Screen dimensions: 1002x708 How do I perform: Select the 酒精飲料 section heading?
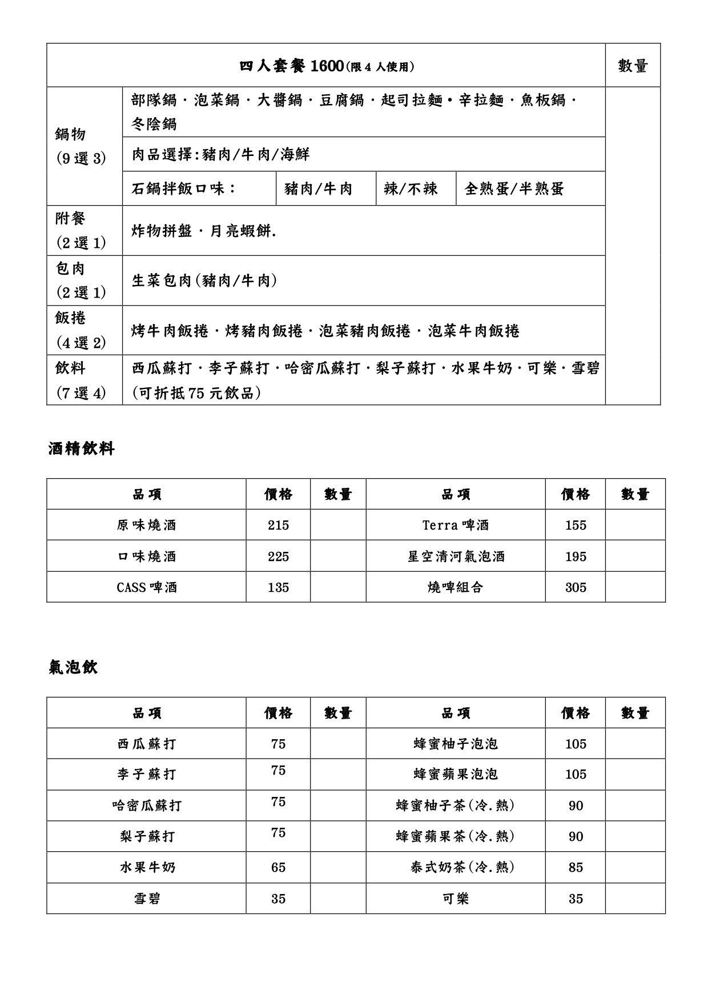(x=81, y=449)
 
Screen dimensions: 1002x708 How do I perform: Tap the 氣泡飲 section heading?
(x=73, y=667)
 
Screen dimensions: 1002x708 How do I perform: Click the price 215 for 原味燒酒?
(x=278, y=526)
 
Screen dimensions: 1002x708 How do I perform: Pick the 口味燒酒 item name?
(x=147, y=556)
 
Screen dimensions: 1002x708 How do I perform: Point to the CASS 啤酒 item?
(x=147, y=587)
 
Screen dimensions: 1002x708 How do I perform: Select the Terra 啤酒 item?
(x=456, y=526)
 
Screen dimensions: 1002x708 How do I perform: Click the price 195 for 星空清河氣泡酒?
(x=575, y=556)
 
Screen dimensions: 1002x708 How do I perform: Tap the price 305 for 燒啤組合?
(x=575, y=587)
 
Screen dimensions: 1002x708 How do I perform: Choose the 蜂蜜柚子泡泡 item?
(x=456, y=744)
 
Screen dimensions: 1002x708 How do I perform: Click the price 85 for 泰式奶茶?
(x=575, y=868)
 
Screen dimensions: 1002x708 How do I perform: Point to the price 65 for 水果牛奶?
(x=278, y=868)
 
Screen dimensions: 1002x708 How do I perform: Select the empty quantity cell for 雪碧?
(x=338, y=899)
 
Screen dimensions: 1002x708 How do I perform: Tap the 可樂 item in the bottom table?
(x=456, y=899)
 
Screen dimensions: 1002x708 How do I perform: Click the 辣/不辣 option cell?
(x=411, y=189)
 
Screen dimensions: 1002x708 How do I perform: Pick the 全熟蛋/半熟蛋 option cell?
(x=514, y=189)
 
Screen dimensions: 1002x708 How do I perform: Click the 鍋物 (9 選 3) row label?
(x=80, y=146)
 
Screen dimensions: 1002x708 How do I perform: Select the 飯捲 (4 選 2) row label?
(x=80, y=330)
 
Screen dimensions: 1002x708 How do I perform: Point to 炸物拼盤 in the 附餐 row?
(x=162, y=231)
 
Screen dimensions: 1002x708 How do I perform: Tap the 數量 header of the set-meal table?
(x=633, y=66)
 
